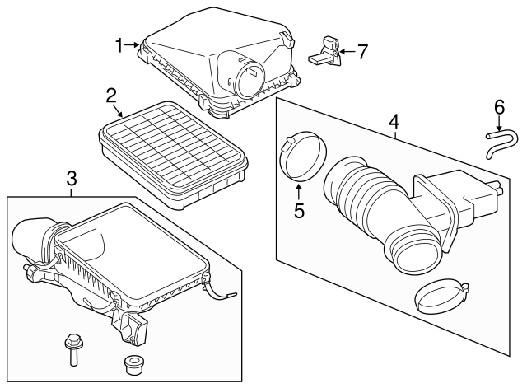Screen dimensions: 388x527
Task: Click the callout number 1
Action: pos(119,44)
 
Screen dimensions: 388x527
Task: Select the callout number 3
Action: pos(72,178)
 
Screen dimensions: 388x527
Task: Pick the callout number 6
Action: pos(498,107)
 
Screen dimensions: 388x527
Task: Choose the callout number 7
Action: pos(361,51)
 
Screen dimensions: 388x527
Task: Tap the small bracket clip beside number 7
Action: pos(327,53)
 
